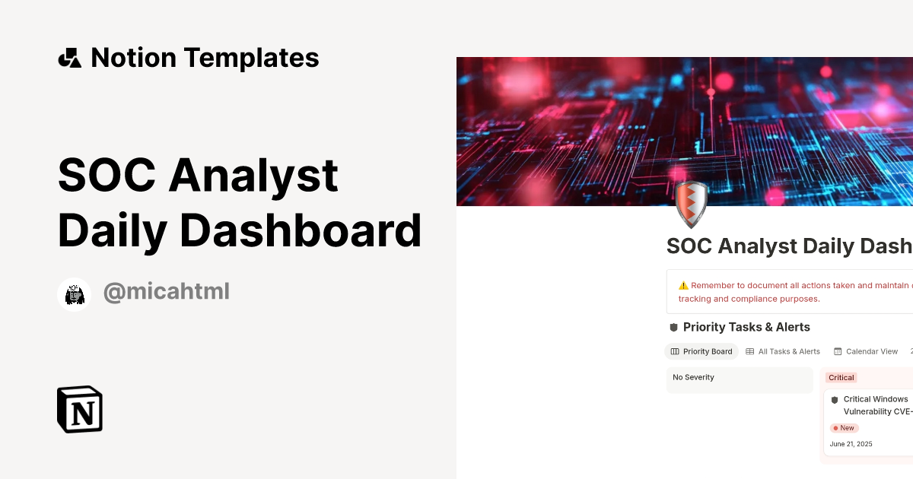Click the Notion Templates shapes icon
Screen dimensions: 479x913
tap(69, 58)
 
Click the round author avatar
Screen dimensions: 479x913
tap(75, 294)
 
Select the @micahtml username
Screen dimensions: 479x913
tap(166, 292)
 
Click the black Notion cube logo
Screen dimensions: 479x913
tap(80, 409)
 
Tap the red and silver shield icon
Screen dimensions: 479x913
tap(691, 204)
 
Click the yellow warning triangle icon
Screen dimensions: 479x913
tap(683, 286)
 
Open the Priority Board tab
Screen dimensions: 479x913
tap(701, 351)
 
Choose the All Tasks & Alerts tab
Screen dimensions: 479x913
tap(783, 351)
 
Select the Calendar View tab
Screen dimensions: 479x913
tap(866, 351)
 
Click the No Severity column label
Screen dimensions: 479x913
tap(693, 377)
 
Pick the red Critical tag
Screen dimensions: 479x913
tap(841, 378)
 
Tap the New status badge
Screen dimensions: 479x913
tap(844, 428)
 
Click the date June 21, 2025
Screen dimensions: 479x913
tap(851, 444)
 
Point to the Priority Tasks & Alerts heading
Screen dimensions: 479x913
tap(746, 327)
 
